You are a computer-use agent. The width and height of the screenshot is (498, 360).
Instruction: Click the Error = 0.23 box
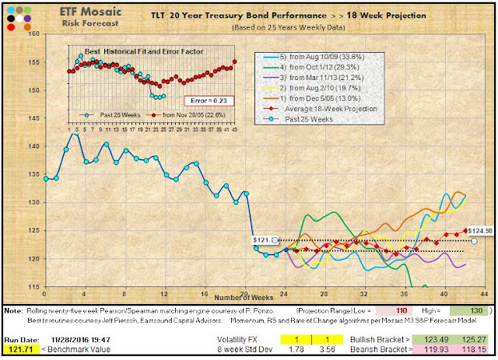[x=206, y=100]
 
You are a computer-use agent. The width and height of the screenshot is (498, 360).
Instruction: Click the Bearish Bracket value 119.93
[x=437, y=351]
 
